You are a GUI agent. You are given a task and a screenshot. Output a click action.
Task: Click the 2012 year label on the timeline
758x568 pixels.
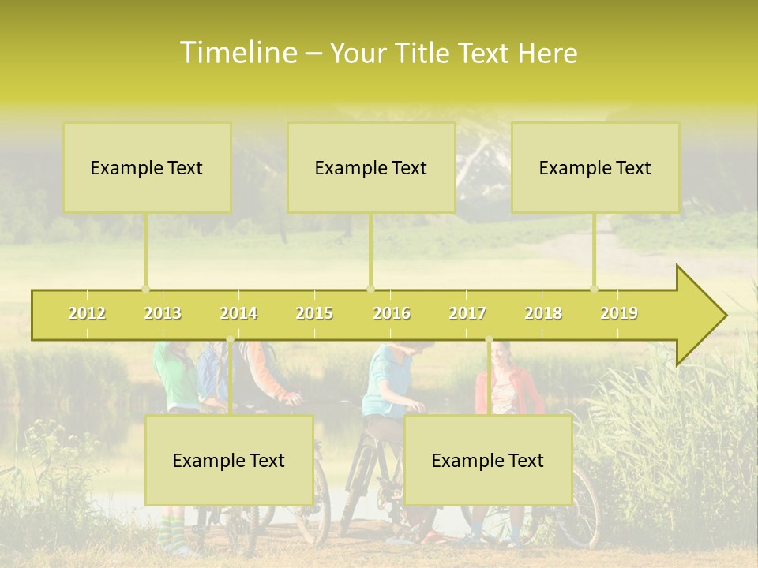tap(87, 314)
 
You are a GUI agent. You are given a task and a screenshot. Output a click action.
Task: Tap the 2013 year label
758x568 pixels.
tap(163, 314)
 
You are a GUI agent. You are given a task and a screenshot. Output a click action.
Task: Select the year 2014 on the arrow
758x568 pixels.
tap(238, 314)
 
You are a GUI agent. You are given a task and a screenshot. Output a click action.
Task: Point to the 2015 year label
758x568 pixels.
tap(314, 314)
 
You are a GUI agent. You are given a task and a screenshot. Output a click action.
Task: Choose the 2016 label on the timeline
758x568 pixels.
tap(392, 314)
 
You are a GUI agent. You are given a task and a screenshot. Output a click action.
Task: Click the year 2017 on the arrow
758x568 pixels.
tap(467, 314)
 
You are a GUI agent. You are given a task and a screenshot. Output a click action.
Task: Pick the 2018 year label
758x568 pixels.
tap(543, 314)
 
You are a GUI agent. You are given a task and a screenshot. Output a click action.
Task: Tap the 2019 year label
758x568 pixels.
tap(619, 314)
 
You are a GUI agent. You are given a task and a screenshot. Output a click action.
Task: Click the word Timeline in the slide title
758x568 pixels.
tap(237, 53)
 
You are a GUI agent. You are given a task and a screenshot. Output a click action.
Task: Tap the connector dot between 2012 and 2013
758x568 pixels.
tap(145, 289)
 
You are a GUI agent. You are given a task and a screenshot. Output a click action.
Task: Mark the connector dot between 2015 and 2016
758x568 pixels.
tap(370, 289)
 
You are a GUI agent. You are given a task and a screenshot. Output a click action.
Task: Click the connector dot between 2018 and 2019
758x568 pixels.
tap(595, 289)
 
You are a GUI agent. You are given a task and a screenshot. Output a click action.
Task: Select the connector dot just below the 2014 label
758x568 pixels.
tap(230, 340)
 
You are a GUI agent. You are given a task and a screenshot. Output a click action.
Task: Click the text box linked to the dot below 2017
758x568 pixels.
tap(488, 460)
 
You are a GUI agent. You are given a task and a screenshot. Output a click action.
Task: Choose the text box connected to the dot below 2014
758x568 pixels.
tap(229, 460)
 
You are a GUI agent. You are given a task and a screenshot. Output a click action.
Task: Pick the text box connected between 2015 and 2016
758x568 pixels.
tap(371, 167)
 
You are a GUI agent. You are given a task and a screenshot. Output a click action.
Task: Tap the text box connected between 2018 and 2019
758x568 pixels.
tap(595, 167)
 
